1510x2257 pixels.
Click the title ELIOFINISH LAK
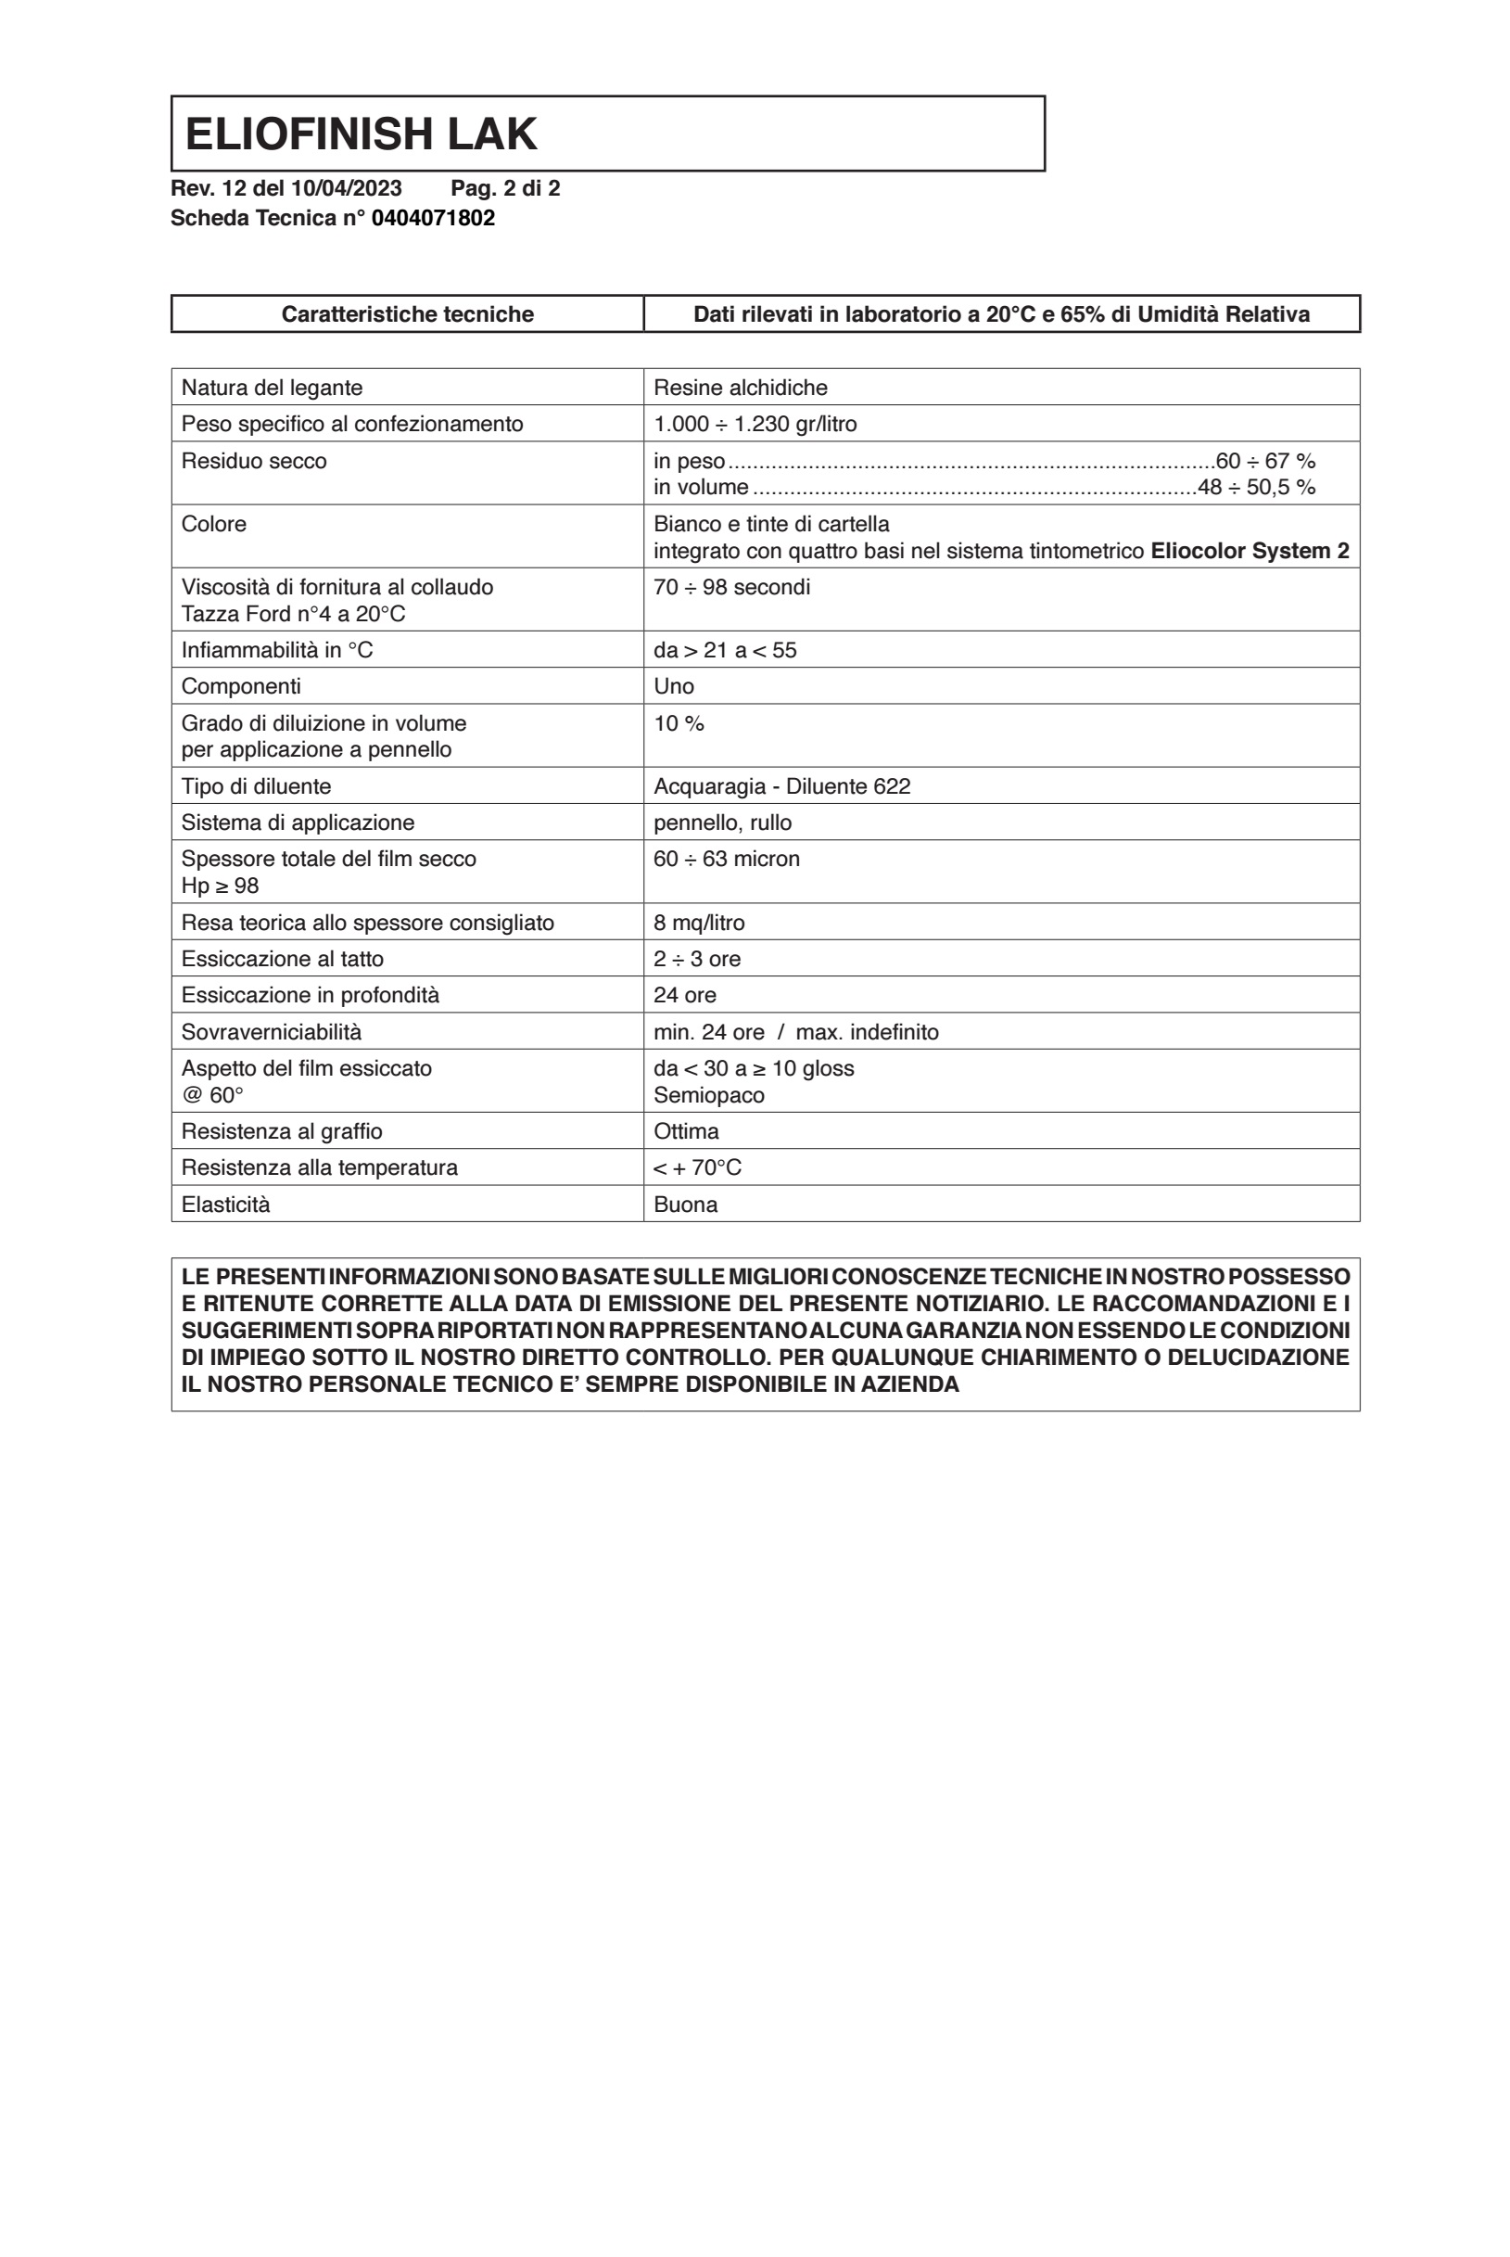361,134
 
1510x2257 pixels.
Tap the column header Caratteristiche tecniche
407,314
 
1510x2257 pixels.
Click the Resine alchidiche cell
740,388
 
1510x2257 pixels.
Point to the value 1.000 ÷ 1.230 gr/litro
754,424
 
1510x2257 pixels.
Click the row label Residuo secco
253,461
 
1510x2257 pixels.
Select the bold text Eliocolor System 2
1249,551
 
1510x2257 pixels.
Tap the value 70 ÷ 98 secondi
731,587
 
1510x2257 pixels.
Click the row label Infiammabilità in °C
276,650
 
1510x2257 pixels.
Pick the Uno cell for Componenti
673,686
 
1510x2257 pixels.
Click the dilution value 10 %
678,723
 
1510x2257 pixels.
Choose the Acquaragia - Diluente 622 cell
781,786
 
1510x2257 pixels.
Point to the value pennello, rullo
722,822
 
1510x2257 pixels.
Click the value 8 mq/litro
698,923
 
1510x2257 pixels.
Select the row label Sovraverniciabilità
271,1032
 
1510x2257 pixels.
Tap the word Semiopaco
709,1095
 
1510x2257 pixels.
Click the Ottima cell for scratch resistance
686,1131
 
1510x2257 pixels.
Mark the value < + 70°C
696,1167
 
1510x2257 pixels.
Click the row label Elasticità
225,1205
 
